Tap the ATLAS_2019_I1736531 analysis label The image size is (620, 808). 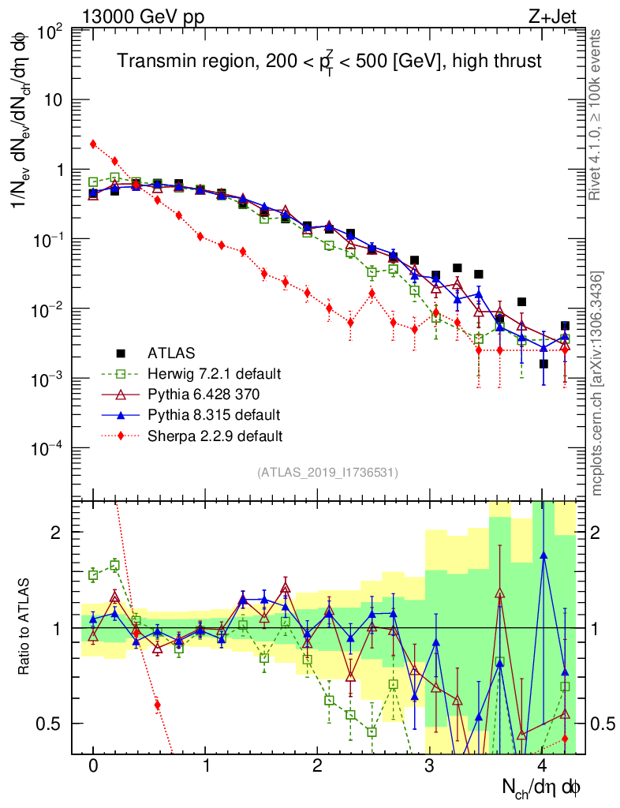coord(327,473)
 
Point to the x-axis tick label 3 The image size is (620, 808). coord(430,766)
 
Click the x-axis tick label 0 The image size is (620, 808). coord(93,766)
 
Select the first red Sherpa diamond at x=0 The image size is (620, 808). coord(93,144)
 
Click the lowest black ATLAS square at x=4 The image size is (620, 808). coord(543,364)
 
